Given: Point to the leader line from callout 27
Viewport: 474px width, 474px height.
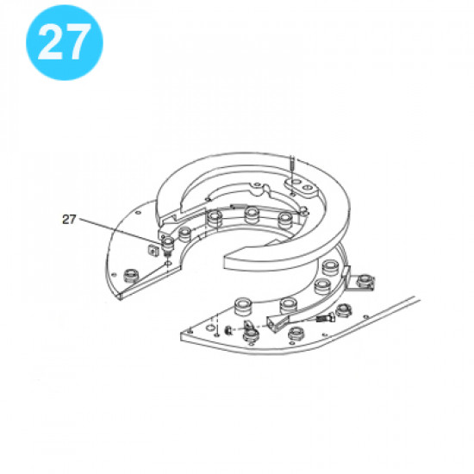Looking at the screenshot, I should click(121, 232).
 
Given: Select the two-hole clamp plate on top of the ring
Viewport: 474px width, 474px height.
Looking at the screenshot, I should click(301, 183).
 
